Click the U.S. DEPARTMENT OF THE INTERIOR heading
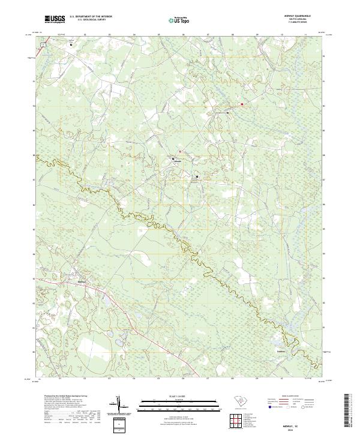pos(91,17)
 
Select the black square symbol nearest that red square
pos(228,112)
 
